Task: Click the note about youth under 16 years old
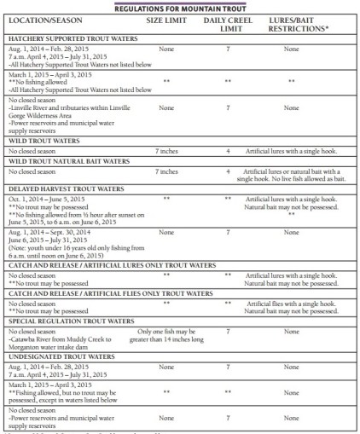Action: coord(69,252)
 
